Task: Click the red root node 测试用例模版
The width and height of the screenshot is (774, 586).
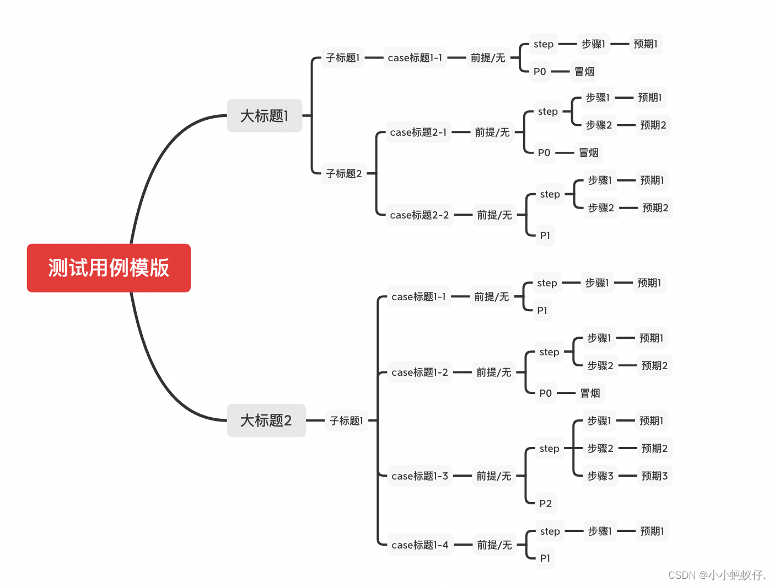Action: tap(109, 268)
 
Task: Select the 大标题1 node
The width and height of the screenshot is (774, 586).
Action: tap(265, 116)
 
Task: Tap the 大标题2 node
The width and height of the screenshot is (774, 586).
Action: tap(266, 420)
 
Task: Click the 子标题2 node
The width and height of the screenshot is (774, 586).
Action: tap(344, 174)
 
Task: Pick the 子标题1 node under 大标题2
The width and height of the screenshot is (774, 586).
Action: tap(346, 421)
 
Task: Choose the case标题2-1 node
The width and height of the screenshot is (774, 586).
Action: tap(418, 132)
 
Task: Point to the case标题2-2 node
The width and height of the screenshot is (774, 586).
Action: tap(420, 215)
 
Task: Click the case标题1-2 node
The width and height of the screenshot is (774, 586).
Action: tap(420, 372)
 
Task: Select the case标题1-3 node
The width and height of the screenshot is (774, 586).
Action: tap(420, 476)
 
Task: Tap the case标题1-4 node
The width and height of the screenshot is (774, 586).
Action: tap(420, 545)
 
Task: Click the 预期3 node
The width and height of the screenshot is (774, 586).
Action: tap(654, 476)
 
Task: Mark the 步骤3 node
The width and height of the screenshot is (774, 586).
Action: tap(600, 476)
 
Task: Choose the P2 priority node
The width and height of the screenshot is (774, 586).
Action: tap(545, 504)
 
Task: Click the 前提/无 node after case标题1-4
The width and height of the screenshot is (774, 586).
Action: tap(494, 545)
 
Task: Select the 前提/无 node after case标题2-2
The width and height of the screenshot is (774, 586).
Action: tap(494, 215)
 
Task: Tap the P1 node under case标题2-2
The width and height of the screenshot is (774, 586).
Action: tap(545, 236)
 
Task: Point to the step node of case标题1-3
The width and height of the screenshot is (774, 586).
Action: tap(549, 449)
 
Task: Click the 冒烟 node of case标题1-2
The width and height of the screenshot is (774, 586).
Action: tap(590, 393)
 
